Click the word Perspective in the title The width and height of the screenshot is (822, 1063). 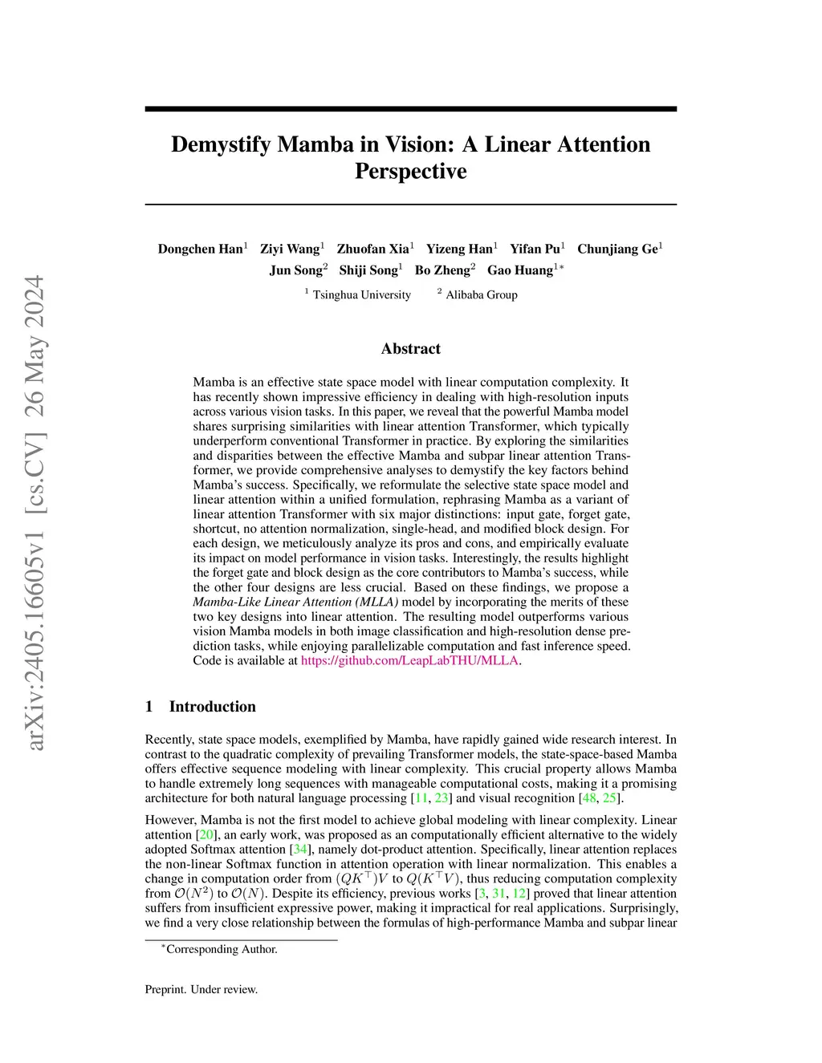coord(410,172)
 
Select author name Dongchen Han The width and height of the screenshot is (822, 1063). coord(201,249)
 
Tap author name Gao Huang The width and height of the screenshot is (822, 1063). coord(520,270)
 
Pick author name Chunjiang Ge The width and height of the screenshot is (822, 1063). coord(617,249)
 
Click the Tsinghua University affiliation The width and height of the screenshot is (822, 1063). coord(361,294)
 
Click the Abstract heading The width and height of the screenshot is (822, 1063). coord(410,349)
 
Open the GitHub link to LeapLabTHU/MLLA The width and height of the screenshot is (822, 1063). coord(409,661)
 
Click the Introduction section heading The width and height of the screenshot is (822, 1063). coord(212,707)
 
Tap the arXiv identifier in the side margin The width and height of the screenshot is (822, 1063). coord(35,513)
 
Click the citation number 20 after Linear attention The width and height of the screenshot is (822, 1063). coord(205,835)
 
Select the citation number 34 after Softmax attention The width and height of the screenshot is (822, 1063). coord(300,850)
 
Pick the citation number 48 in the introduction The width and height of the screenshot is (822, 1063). coord(588,798)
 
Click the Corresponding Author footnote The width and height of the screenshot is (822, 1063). coord(221,949)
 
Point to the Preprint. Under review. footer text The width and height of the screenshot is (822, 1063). coord(201,989)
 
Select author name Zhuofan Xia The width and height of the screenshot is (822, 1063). coord(373,249)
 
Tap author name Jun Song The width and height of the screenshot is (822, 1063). coord(296,270)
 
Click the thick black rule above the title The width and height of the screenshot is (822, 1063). coord(410,108)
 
